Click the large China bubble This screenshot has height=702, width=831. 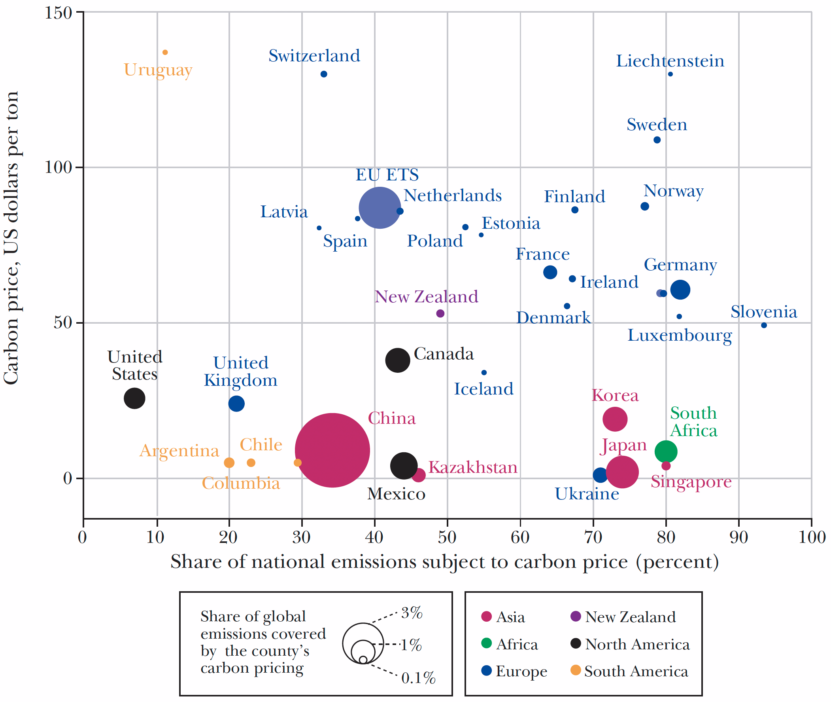[x=332, y=450]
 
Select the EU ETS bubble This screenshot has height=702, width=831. [x=379, y=207]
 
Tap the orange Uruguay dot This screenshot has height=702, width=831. [x=165, y=52]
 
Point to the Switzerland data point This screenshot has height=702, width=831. [x=324, y=74]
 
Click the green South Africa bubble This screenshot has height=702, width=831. [x=666, y=451]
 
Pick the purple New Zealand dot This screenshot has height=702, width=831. [x=440, y=313]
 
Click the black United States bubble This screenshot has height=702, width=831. [x=134, y=398]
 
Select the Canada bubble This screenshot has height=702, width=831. [x=397, y=360]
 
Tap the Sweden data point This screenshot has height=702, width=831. [x=657, y=140]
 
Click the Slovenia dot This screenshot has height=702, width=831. [x=764, y=325]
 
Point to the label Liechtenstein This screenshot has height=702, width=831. [x=670, y=61]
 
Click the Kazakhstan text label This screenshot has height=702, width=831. [x=472, y=467]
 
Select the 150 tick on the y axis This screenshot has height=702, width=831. [x=58, y=12]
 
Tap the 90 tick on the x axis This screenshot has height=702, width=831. [x=739, y=538]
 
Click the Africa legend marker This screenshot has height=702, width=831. [x=486, y=643]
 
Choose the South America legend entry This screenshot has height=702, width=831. [x=636, y=671]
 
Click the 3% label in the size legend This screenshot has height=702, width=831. [x=412, y=613]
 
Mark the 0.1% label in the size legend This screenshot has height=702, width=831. [x=418, y=678]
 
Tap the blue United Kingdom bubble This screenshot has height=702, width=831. [x=236, y=404]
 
